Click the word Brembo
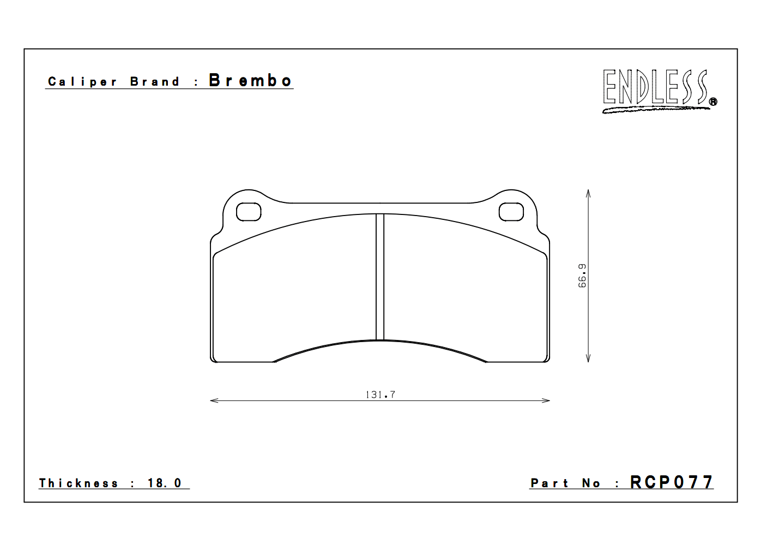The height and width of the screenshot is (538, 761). click(x=250, y=81)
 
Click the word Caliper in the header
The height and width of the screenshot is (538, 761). click(x=82, y=82)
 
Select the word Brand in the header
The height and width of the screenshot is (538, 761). click(x=155, y=82)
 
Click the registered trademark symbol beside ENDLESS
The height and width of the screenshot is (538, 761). click(x=713, y=101)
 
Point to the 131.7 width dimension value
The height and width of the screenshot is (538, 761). click(x=380, y=394)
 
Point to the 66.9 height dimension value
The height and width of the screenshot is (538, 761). click(x=582, y=276)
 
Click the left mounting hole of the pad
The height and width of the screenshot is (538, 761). click(x=249, y=212)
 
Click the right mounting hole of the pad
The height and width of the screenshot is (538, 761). click(x=511, y=212)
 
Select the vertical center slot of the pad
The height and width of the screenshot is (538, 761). click(x=380, y=277)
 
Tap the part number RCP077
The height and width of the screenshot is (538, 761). click(x=671, y=482)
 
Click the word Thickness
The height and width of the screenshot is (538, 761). click(x=78, y=483)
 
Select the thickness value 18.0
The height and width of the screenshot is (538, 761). click(x=164, y=483)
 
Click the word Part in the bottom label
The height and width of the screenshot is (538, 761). click(x=549, y=483)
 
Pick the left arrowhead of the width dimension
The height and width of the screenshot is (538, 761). click(x=214, y=400)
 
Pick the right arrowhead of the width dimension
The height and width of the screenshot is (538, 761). click(x=546, y=400)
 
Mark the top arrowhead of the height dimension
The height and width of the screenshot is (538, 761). click(x=588, y=193)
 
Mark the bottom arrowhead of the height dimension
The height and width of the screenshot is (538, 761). click(x=588, y=358)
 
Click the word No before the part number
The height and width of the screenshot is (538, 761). click(x=591, y=483)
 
